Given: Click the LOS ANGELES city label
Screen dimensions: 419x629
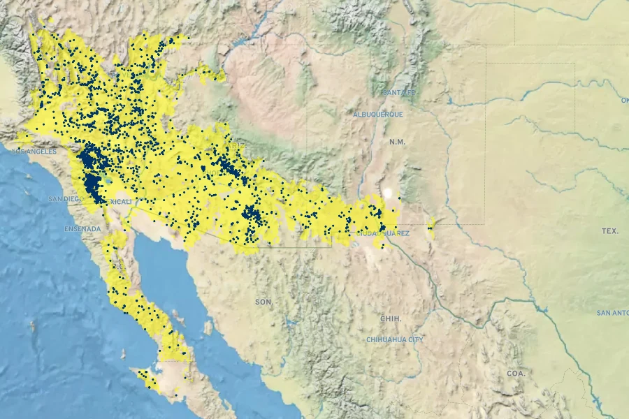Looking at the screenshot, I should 34,151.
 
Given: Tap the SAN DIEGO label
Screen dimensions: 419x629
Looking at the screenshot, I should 66,198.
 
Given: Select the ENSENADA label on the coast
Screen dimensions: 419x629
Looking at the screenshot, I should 82,228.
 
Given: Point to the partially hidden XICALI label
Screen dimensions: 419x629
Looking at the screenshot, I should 121,201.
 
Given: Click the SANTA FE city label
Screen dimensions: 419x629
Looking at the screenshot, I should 399,92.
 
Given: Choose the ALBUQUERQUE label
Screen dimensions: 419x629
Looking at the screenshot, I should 377,114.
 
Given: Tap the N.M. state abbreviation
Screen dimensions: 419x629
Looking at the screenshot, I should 397,142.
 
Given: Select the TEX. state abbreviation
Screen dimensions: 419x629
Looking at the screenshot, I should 609,230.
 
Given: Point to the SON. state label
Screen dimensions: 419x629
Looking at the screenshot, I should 263,302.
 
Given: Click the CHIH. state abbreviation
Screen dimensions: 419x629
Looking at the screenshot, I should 391,318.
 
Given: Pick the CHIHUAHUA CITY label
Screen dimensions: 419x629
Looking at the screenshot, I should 395,339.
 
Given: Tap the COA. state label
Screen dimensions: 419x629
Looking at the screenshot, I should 516,374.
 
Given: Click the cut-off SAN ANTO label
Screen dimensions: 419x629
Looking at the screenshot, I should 612,313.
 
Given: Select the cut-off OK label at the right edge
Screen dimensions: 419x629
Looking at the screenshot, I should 624,101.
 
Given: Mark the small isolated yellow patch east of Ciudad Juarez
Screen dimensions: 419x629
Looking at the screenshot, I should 431,224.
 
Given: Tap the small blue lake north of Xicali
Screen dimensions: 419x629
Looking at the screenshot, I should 106,179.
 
